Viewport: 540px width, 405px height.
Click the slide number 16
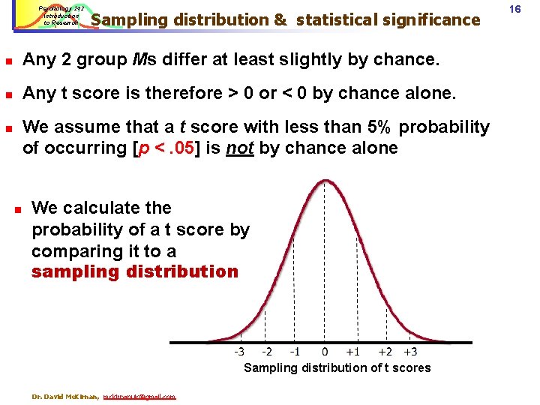coord(515,8)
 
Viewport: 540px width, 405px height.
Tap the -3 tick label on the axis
coord(239,351)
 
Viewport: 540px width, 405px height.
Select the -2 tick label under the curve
coord(266,351)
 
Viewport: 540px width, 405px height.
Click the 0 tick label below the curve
coord(325,351)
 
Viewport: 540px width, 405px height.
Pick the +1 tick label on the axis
coord(352,351)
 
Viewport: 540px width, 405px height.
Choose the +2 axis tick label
coord(384,351)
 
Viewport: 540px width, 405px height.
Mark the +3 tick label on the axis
coord(410,351)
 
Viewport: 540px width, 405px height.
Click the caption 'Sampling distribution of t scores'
coord(337,367)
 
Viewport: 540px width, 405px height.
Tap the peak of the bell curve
coord(325,180)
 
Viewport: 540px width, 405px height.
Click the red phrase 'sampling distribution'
coord(134,271)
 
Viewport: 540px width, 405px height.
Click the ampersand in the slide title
coord(280,19)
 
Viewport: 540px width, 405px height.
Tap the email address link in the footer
coord(139,396)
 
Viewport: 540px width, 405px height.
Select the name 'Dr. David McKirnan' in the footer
coord(66,396)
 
